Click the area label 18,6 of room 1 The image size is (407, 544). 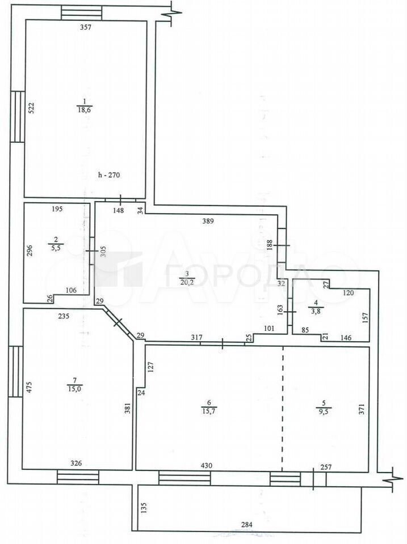(85, 110)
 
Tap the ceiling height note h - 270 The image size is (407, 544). (109, 175)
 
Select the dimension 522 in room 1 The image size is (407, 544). (31, 108)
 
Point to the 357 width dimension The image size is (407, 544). (86, 27)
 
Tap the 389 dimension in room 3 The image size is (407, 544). (208, 220)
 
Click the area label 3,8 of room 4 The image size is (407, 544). (316, 311)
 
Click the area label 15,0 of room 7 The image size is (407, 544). (74, 389)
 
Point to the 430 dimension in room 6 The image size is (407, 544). (207, 466)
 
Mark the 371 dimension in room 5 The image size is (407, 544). (362, 409)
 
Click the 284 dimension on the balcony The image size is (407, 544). (246, 525)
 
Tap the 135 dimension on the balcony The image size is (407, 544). (144, 508)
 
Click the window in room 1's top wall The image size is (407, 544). (82, 13)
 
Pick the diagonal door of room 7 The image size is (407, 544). (118, 322)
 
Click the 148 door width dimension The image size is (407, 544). (119, 210)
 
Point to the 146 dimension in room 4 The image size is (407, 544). (346, 337)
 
